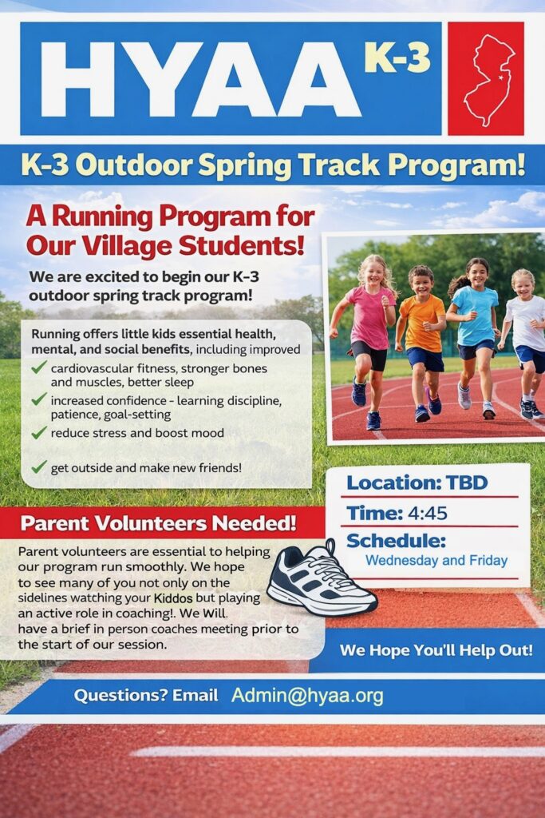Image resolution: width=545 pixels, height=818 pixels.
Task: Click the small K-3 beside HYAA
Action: click(397, 58)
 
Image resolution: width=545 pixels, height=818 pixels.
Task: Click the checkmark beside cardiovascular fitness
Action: click(38, 368)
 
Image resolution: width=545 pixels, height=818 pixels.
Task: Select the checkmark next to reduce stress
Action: click(38, 432)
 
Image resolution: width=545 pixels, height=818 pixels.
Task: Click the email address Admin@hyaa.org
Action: click(307, 695)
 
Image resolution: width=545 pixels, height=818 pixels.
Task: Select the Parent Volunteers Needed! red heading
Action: click(158, 524)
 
